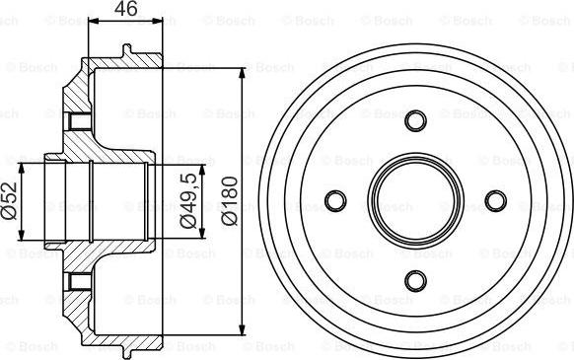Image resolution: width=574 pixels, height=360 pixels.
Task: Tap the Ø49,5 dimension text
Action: (185, 201)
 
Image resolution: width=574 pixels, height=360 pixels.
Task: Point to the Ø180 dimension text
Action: (229, 201)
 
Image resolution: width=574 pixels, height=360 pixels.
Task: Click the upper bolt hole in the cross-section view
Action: (77, 122)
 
